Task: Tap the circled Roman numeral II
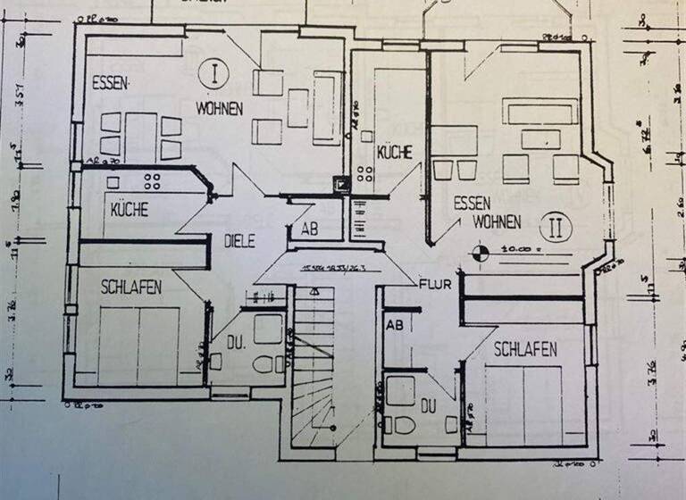(556, 225)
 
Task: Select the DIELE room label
(239, 240)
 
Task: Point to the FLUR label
(435, 286)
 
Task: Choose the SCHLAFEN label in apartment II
(523, 349)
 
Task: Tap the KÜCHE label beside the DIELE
(130, 211)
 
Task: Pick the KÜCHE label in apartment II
(394, 153)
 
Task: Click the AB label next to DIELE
(308, 229)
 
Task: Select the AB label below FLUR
(394, 326)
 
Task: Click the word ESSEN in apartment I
(111, 84)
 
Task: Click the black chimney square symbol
(340, 185)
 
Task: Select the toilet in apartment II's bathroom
(399, 425)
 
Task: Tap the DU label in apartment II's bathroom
(428, 406)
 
